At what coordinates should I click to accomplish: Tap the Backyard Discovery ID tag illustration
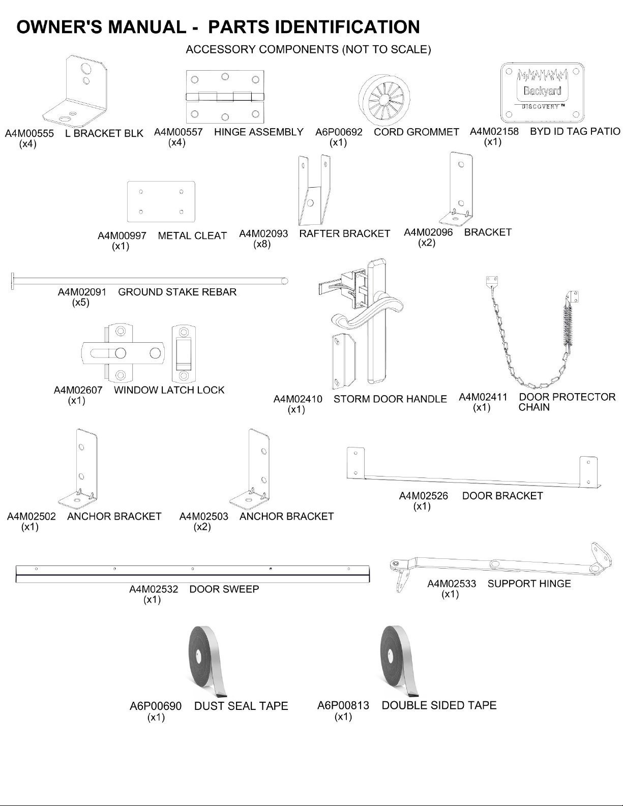pyautogui.click(x=542, y=93)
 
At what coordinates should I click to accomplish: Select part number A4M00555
pyautogui.click(x=29, y=134)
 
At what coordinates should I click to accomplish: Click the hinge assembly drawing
pyautogui.click(x=225, y=97)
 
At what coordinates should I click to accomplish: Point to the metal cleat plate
pyautogui.click(x=161, y=202)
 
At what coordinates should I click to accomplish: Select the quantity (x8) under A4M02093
pyautogui.click(x=262, y=244)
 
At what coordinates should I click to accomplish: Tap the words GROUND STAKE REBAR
pyautogui.click(x=177, y=292)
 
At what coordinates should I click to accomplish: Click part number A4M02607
pyautogui.click(x=78, y=390)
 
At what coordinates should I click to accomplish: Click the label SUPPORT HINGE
pyautogui.click(x=529, y=583)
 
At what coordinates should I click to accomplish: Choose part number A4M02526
pyautogui.click(x=424, y=496)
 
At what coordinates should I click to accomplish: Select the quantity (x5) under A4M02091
pyautogui.click(x=81, y=302)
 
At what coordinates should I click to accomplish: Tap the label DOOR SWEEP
pyautogui.click(x=224, y=589)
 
